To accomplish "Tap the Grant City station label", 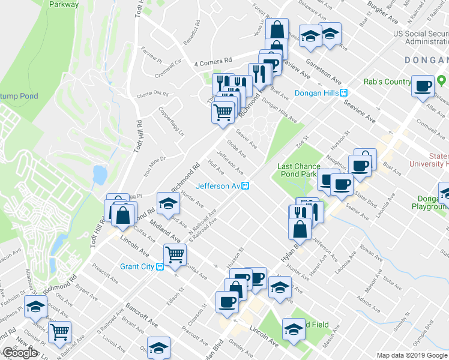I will [x=138, y=266].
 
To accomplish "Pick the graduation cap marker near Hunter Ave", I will [x=168, y=203].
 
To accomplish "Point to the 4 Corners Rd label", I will [x=213, y=61].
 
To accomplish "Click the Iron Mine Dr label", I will [x=154, y=166].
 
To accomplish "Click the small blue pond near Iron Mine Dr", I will [x=100, y=175].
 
